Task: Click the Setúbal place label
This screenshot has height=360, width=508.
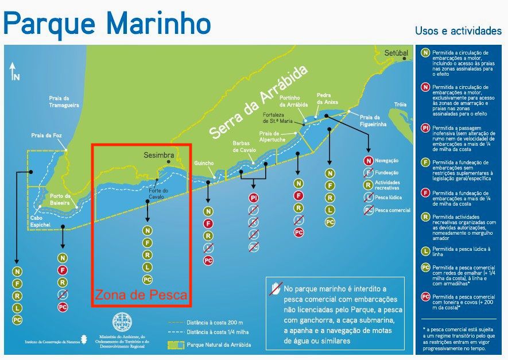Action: coord(396,53)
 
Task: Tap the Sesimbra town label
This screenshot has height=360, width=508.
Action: coord(158,155)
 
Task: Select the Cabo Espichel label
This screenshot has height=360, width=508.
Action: coord(41,221)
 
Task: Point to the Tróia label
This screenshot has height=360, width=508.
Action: coord(400,104)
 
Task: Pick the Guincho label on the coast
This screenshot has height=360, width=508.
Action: coord(204,163)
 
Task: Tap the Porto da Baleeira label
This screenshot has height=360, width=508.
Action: coord(60,199)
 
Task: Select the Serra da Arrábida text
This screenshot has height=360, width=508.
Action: coord(258,102)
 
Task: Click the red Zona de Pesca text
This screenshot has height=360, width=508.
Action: coord(141,295)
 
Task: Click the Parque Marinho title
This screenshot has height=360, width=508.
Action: coord(107,23)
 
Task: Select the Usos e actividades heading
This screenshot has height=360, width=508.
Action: coord(458,30)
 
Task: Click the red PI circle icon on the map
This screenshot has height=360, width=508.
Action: coord(253,198)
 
